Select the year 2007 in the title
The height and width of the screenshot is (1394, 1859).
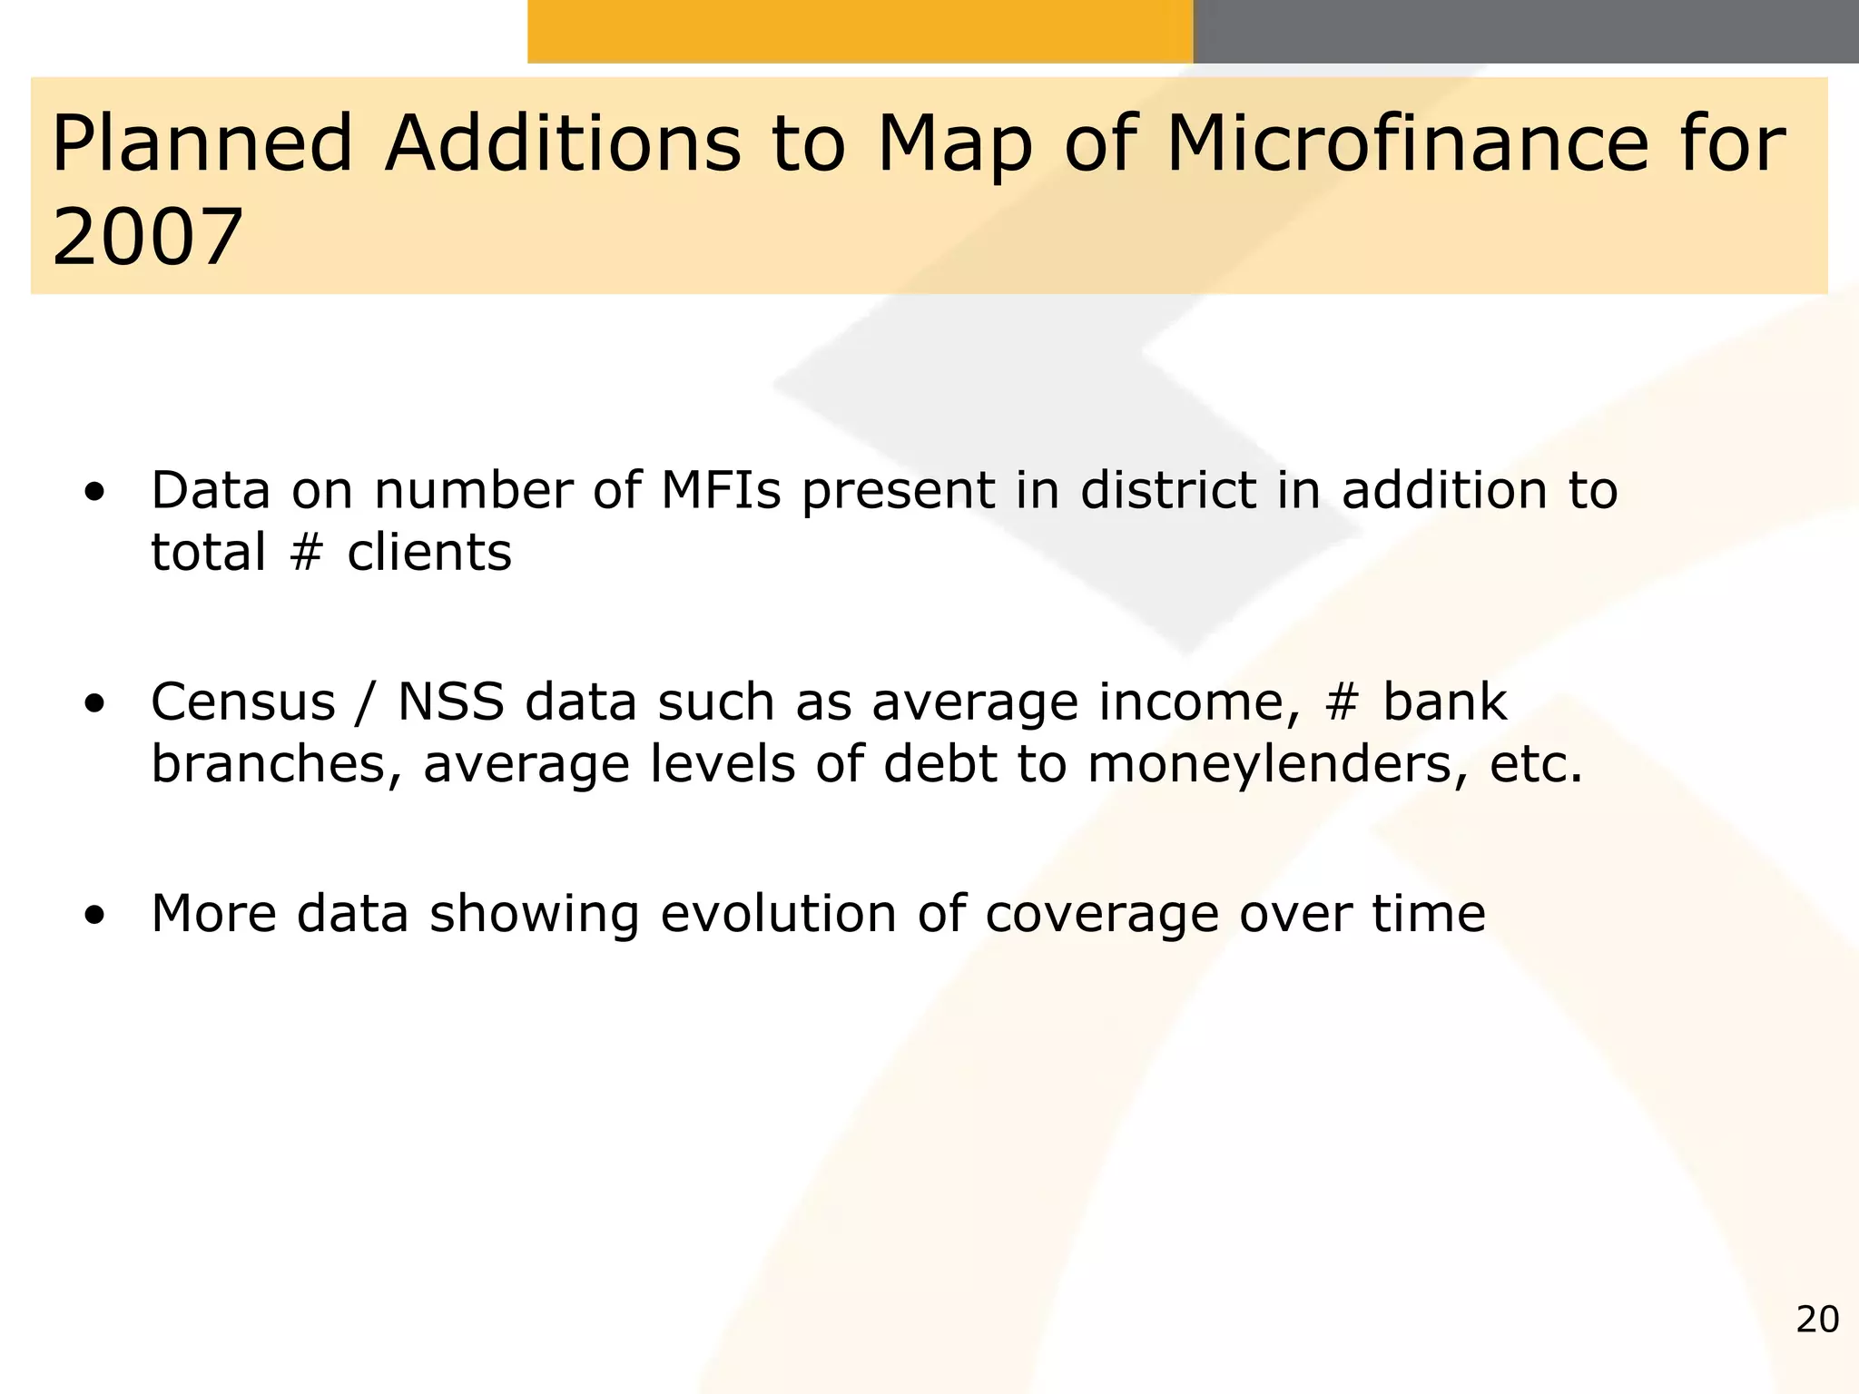pos(148,238)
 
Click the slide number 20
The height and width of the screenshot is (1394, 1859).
pos(1816,1320)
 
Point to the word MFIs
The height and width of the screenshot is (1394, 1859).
pos(721,491)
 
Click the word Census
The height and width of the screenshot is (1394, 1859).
pos(243,702)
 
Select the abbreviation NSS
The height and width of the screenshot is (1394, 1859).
pos(451,702)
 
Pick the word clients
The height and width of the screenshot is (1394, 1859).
pos(429,553)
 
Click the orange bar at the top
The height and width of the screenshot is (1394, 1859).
pos(860,31)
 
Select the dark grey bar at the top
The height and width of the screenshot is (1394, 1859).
pos(1525,31)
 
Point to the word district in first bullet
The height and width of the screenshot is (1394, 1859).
pos(1168,491)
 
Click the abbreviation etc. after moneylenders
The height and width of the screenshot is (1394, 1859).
pos(1536,764)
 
